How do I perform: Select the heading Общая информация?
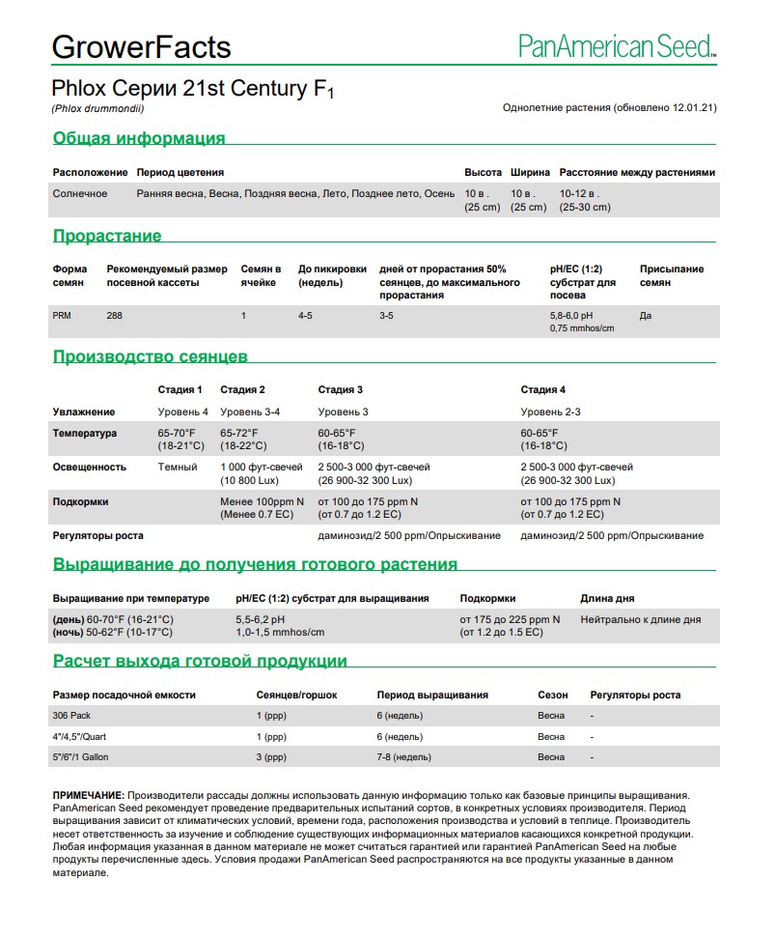pos(139,138)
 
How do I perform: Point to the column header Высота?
pos(483,172)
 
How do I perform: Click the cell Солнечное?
pos(80,193)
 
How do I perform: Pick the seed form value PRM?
pos(62,316)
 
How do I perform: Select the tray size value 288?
pos(115,316)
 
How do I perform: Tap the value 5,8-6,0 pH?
pos(571,316)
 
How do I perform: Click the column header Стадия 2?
pos(242,389)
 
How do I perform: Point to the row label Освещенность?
pos(89,467)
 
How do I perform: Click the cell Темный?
pos(177,467)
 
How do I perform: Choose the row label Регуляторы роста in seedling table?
pos(97,535)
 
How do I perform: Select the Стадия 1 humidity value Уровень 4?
pos(182,412)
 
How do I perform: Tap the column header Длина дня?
pos(607,598)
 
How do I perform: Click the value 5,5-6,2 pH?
pos(261,619)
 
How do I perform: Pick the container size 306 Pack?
pos(74,716)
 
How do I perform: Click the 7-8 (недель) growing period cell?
pos(403,757)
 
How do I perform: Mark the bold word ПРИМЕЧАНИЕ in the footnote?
pos(88,795)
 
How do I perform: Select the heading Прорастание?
pos(107,236)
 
